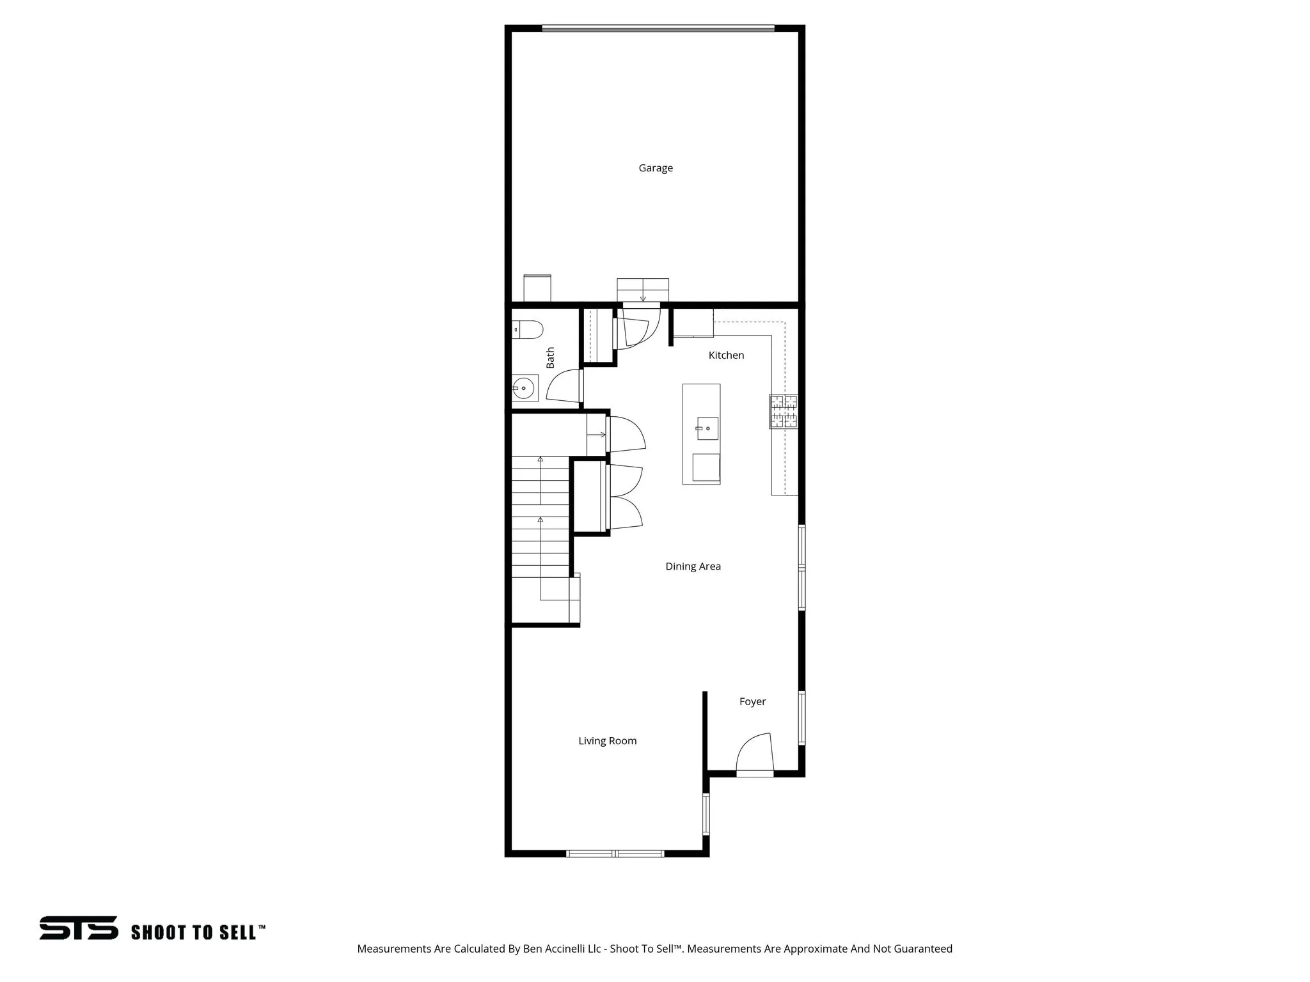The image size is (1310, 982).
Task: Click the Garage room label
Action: [656, 168]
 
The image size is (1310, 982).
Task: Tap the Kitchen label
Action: [726, 355]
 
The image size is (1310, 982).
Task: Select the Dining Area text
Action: [693, 566]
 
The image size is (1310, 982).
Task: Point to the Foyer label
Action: [752, 701]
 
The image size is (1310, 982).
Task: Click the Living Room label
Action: [607, 741]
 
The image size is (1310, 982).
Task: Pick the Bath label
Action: [550, 358]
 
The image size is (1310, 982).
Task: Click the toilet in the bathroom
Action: [528, 330]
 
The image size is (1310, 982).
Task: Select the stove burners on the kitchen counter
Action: [784, 411]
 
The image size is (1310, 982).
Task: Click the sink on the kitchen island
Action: [707, 428]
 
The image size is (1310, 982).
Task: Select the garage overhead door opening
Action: [658, 28]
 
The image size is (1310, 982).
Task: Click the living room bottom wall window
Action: [615, 853]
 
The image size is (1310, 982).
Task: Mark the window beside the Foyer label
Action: [801, 717]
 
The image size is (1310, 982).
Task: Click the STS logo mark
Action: [79, 928]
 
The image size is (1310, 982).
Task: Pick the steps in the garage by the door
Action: [643, 289]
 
